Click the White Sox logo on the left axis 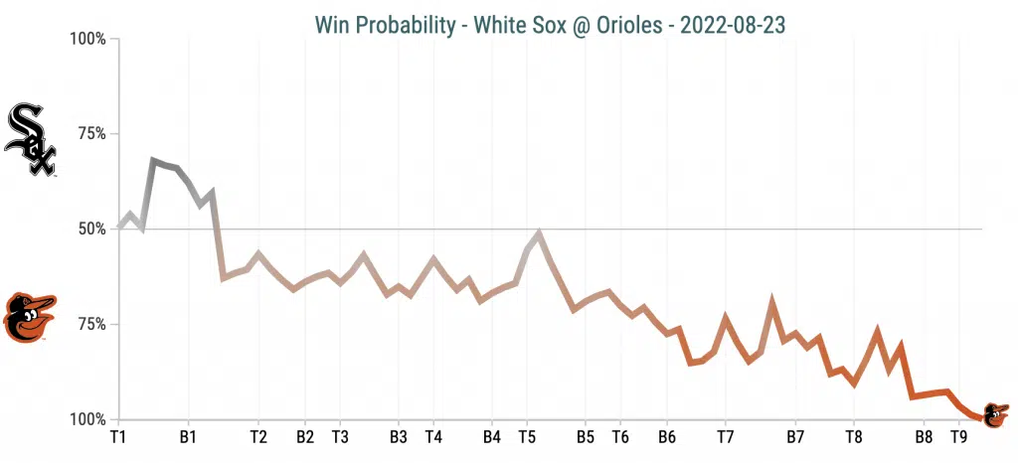tap(30, 140)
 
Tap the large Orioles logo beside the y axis tap(29, 317)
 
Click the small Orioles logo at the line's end tap(995, 414)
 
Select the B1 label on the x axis tap(188, 436)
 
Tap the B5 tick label tap(585, 436)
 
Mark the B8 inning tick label tap(924, 436)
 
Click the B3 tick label tap(398, 436)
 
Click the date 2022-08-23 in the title tap(733, 24)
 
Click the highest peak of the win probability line tap(153, 160)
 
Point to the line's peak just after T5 tap(539, 233)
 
